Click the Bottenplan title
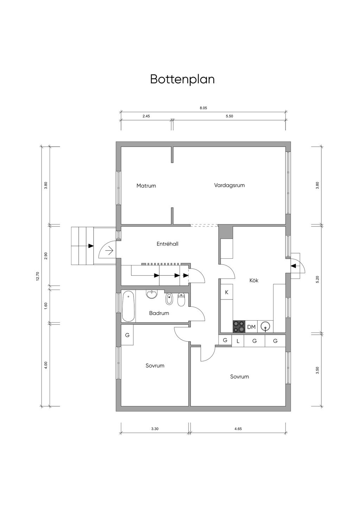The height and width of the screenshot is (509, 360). point(182,79)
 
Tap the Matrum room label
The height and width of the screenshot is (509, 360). point(146,186)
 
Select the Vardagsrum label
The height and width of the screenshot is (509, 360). point(229,185)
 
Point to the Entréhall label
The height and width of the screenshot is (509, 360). point(167,244)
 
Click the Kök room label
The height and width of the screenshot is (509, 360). point(254,281)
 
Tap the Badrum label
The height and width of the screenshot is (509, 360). point(159,313)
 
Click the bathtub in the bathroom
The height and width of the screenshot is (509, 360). point(128,307)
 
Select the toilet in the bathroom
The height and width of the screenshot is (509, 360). point(181,299)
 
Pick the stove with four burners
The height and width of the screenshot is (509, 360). point(239,327)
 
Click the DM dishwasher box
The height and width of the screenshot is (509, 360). point(251,327)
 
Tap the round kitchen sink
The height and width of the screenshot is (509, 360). point(265,327)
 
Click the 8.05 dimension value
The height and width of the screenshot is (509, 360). point(203,108)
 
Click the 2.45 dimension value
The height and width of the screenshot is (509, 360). point(146,116)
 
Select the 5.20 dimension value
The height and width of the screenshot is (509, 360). point(317,279)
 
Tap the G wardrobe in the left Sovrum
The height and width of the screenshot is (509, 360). point(127,335)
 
